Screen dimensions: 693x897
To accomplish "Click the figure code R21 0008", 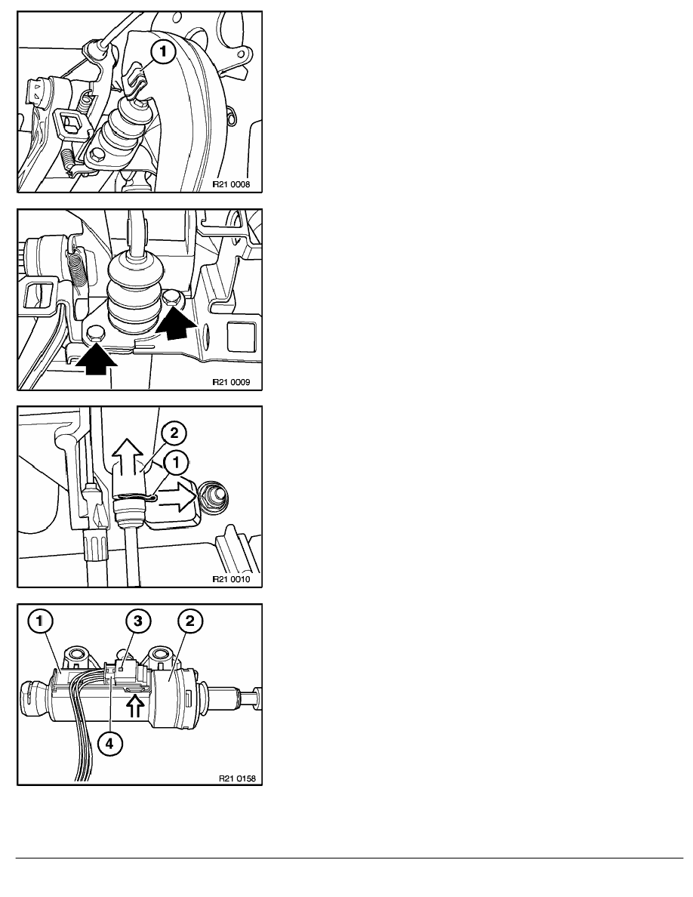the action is click(231, 185).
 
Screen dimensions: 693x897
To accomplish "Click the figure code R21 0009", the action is click(231, 382).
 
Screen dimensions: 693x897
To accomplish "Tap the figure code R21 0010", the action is click(231, 579).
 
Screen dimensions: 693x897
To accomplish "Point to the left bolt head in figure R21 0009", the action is click(96, 334).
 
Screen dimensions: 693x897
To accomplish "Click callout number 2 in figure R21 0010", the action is click(174, 433).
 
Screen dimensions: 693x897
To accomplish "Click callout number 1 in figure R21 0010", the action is click(176, 463).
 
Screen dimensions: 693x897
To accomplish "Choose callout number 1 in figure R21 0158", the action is click(42, 621).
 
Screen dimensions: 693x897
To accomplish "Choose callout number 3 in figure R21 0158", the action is click(137, 621).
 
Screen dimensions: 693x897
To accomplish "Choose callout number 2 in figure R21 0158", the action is click(189, 621).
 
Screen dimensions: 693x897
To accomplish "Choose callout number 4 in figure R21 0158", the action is click(109, 744).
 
